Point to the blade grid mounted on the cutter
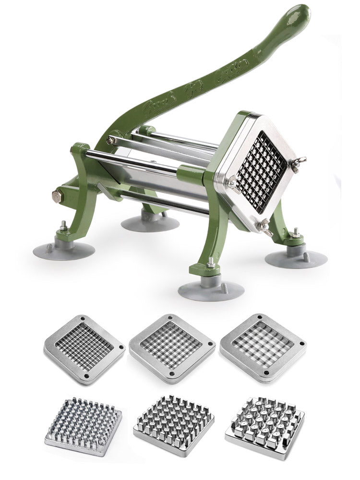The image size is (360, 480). point(262,171)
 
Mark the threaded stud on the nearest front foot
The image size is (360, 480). point(211,263)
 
